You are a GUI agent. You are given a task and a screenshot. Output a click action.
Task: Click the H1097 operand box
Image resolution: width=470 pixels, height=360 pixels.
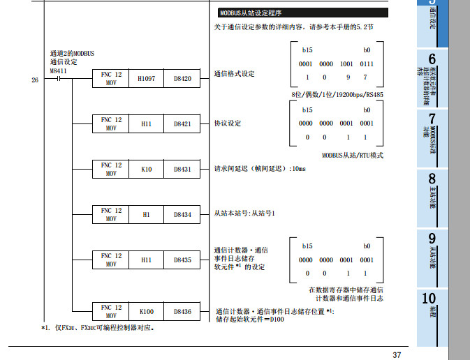[x=147, y=80]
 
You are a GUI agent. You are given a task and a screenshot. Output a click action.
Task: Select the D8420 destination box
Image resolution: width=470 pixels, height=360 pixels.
[x=182, y=80]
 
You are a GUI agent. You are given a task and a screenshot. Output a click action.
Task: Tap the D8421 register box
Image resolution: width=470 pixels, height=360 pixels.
[x=182, y=123]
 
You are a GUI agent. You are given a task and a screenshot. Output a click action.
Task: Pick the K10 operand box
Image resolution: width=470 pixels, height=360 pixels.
[x=147, y=170]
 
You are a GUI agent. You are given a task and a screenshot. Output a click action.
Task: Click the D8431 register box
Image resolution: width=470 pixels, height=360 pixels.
[x=182, y=170]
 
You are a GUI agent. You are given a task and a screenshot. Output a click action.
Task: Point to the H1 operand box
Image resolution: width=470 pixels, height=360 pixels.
[x=147, y=215]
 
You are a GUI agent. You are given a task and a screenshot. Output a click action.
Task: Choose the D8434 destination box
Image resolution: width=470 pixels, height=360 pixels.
[x=182, y=215]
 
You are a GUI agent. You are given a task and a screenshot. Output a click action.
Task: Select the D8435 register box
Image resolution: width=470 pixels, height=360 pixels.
[x=182, y=260]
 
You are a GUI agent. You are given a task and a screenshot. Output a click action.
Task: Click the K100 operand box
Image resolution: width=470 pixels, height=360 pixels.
[x=147, y=311]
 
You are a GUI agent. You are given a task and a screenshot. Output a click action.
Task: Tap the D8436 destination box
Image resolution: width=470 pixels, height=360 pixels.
[x=182, y=311]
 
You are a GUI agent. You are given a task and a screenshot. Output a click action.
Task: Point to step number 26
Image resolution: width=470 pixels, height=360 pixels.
[x=35, y=80]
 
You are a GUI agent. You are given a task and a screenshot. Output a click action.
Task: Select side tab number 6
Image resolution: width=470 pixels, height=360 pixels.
[x=432, y=69]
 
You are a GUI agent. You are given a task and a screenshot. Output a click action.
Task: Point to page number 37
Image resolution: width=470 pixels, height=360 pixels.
[x=397, y=355]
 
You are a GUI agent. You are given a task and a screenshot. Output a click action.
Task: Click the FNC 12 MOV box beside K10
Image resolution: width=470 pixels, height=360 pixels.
[x=111, y=170]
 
